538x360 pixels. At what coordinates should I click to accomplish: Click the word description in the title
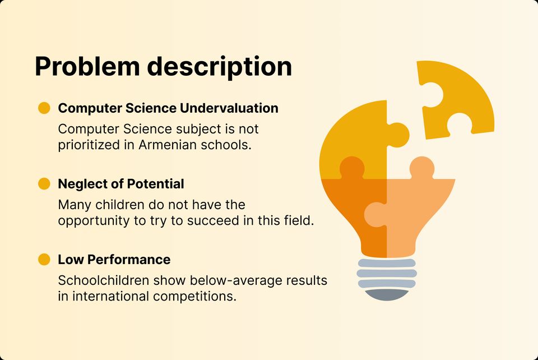pos(220,68)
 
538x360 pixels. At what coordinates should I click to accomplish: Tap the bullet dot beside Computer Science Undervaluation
pos(44,108)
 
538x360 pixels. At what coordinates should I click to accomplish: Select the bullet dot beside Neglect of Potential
pos(44,183)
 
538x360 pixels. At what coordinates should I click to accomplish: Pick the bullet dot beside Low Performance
pos(44,260)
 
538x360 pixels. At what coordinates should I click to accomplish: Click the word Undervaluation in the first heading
pos(229,108)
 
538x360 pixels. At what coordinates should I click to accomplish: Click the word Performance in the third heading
pos(129,260)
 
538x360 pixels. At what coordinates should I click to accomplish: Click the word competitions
pos(194,297)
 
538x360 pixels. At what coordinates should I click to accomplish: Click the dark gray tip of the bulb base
pos(387,294)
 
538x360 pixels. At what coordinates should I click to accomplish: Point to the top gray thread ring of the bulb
pos(387,263)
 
